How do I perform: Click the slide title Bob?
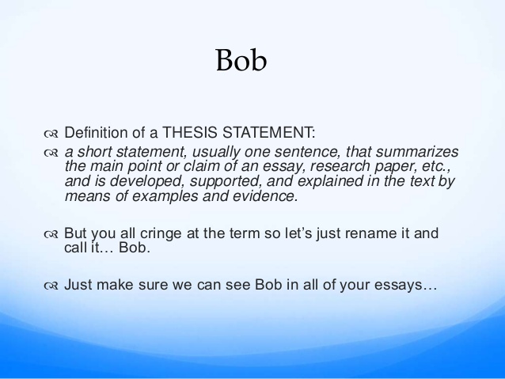241,60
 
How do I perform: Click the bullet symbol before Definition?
51,134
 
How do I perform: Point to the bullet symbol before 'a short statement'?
51,153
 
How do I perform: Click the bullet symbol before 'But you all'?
51,234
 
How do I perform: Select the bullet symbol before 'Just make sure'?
51,286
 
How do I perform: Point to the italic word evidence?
265,196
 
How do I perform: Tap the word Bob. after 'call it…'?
135,248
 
